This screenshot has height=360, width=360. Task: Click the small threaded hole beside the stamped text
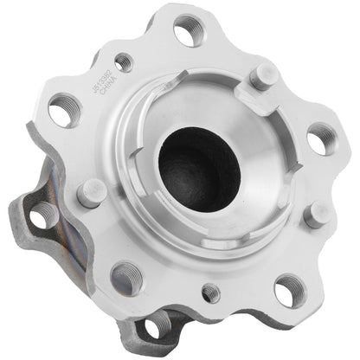[x=124, y=62]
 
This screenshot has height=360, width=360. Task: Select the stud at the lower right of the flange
[x=315, y=212]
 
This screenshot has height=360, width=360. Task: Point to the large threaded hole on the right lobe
[x=321, y=137]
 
